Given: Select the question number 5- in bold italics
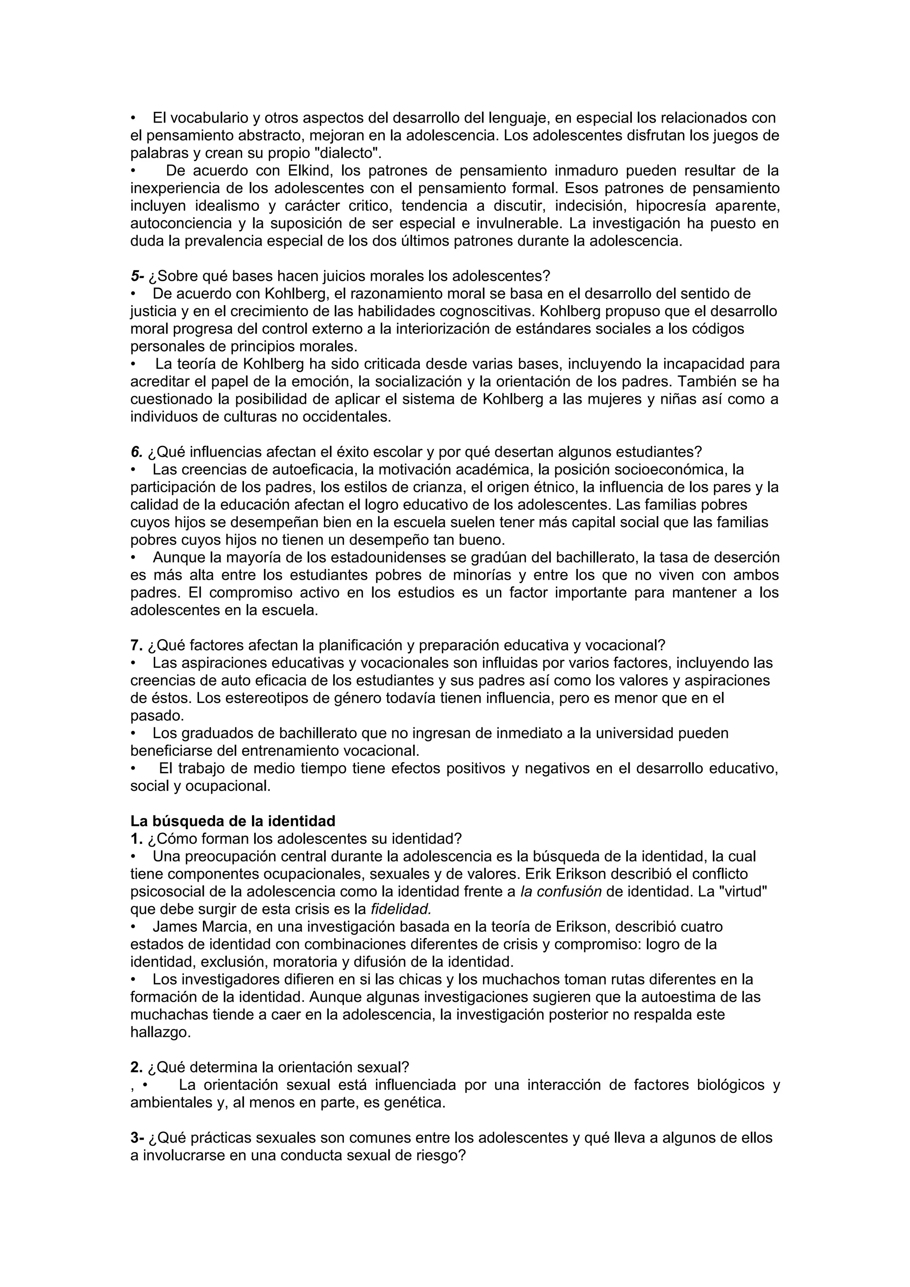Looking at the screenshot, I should pos(137,276).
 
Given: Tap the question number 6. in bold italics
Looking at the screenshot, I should pos(137,452).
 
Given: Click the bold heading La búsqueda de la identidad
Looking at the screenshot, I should pos(233,821).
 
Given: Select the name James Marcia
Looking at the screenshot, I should pos(200,926).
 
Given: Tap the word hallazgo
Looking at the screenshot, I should pos(160,1033).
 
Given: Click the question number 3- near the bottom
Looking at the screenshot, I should pos(137,1138).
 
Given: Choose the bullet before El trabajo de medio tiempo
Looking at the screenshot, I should pos(133,768).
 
